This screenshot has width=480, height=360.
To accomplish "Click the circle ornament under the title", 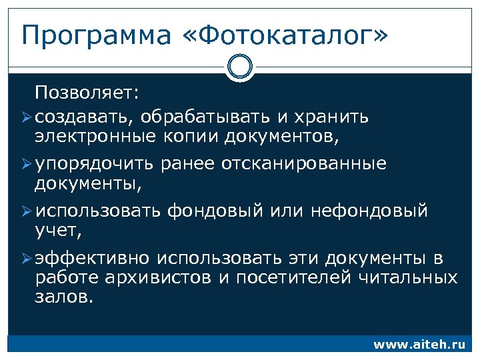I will (x=239, y=67).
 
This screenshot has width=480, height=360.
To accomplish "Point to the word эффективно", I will (x=93, y=258).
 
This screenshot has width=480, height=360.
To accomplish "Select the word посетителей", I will (x=289, y=278).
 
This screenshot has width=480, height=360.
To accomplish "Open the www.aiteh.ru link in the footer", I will (x=419, y=345).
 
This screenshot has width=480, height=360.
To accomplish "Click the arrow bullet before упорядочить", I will (x=26, y=164).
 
